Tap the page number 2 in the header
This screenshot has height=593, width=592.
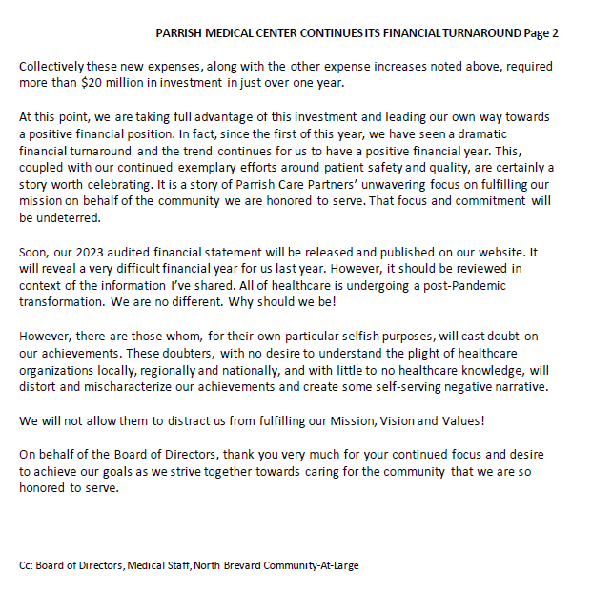pos(554,32)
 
